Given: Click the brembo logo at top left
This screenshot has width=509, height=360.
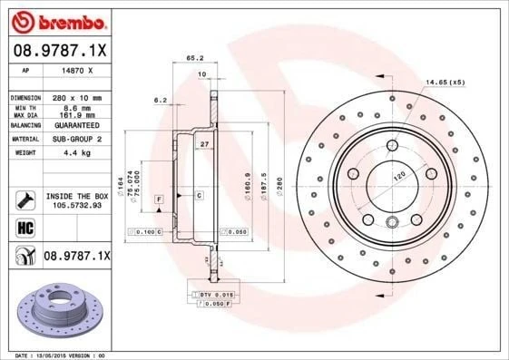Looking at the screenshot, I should tap(55, 21).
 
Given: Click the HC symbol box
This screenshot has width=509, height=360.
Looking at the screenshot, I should tap(24, 227).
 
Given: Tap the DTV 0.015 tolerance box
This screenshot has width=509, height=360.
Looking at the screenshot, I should tap(217, 296).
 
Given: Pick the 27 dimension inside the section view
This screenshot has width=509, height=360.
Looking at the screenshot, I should tap(204, 145).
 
